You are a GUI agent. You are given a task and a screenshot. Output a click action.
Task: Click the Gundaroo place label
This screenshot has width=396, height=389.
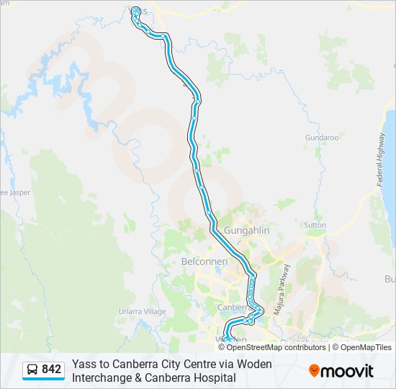pyautogui.click(x=321, y=137)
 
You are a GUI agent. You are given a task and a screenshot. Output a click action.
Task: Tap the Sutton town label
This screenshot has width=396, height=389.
pyautogui.click(x=315, y=225)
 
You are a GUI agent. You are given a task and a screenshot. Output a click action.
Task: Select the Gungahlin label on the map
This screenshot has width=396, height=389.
pyautogui.click(x=246, y=230)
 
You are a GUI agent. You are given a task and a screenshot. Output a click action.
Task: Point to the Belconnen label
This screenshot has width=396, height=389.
pyautogui.click(x=204, y=261)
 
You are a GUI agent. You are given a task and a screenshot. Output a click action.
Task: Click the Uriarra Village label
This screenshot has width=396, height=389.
pyautogui.click(x=141, y=311)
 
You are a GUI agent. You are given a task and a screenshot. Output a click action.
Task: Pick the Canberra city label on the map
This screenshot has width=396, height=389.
pyautogui.click(x=233, y=308)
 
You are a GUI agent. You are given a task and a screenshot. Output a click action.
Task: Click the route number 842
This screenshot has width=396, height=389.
pyautogui.click(x=51, y=370)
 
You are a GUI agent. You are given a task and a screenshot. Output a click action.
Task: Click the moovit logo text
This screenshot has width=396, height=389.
pyautogui.click(x=348, y=371)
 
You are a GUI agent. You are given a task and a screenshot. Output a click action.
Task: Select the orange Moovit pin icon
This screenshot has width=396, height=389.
pyautogui.click(x=315, y=371)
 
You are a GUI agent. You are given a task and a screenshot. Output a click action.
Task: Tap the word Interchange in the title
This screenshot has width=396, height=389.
pyautogui.click(x=101, y=377)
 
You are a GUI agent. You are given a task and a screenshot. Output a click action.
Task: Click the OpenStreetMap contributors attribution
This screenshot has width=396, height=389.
pyautogui.click(x=276, y=347)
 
